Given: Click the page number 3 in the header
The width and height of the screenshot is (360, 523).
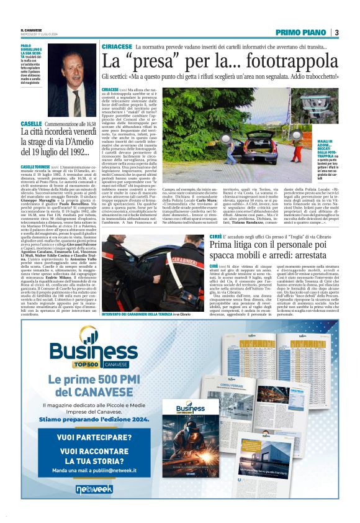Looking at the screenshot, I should coord(336,32).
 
